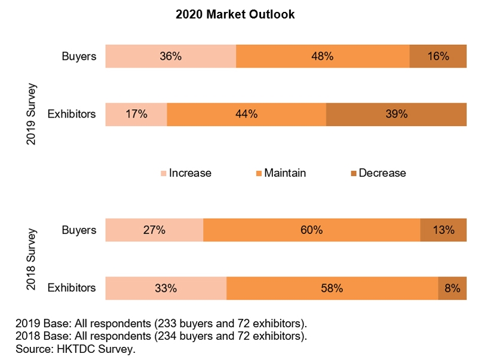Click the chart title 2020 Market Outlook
tap(235, 15)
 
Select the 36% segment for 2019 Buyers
tap(170, 56)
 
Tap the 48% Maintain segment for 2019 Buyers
tap(323, 56)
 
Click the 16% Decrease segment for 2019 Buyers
tap(438, 56)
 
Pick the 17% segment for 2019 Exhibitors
tap(136, 114)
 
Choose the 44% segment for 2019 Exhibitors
tap(246, 114)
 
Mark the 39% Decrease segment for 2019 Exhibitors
tap(396, 114)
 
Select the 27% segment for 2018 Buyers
tap(154, 230)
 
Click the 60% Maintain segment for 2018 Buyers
tap(311, 230)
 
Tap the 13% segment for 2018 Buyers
tap(443, 230)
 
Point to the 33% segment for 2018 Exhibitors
tap(166, 288)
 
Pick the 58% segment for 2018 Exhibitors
tap(332, 288)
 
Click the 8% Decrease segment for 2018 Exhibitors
tap(452, 288)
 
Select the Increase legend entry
tap(186, 173)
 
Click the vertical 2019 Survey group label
tap(32, 114)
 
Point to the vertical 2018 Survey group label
tap(32, 259)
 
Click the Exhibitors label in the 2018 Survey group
tap(72, 288)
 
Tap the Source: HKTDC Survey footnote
tap(75, 349)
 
